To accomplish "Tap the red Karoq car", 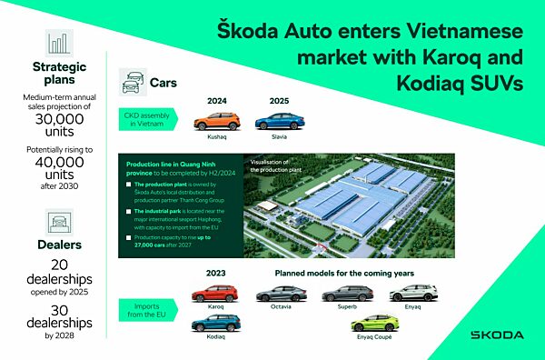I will click(215, 293).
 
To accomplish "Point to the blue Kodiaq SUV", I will click(215, 323).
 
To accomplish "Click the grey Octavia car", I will click(279, 293).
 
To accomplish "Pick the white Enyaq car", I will click(406, 293).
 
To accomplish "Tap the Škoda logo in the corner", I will click(496, 335).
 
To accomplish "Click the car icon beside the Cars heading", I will click(134, 80).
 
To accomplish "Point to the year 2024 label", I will click(216, 102).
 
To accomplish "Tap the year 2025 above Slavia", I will click(277, 102).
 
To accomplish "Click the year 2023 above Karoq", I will click(216, 274).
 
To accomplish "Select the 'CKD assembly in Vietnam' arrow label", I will click(150, 120).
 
